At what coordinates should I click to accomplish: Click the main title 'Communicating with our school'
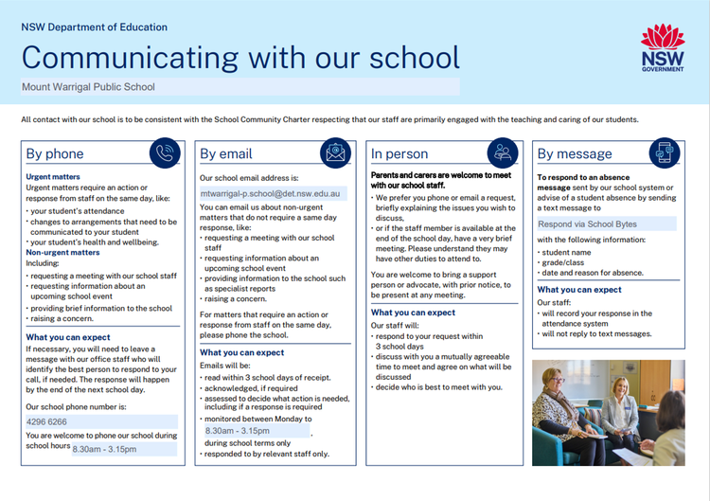pos(240,57)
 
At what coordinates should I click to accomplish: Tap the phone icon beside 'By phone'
pos(167,153)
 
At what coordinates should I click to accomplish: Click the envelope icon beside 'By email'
pos(335,153)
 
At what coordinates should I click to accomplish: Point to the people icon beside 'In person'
pos(503,153)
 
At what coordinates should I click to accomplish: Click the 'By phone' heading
pos(55,154)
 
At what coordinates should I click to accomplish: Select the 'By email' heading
pos(226,154)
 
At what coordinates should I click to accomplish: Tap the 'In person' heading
pos(399,154)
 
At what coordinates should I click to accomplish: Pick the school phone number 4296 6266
pos(46,421)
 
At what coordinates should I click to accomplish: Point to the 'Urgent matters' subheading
pos(53,176)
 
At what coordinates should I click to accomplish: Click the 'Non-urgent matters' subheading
pos(62,253)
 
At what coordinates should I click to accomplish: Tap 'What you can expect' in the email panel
pos(241,352)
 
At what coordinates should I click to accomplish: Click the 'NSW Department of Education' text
pos(95,27)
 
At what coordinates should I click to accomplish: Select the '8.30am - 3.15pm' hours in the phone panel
pos(104,449)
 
